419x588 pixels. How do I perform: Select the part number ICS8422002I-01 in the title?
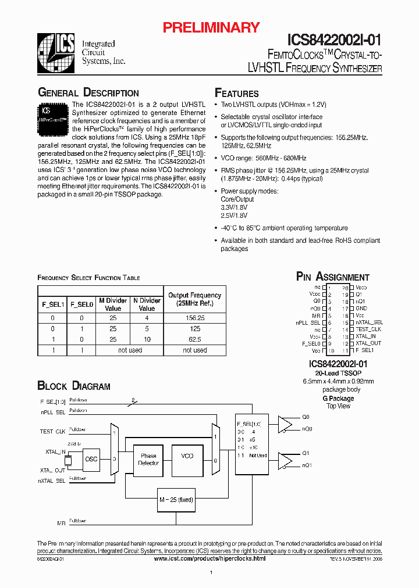click(x=334, y=40)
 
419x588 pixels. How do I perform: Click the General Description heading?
click(x=88, y=93)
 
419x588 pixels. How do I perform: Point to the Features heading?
click(x=237, y=94)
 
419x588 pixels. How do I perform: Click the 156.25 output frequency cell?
click(x=195, y=318)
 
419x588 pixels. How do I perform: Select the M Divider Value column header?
click(x=113, y=304)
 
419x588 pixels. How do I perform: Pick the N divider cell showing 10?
click(x=147, y=339)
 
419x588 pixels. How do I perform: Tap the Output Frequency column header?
click(x=195, y=299)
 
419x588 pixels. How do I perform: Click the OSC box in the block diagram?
click(x=91, y=459)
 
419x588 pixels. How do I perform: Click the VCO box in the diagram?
click(x=187, y=457)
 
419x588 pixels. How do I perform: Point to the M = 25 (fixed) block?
click(x=176, y=499)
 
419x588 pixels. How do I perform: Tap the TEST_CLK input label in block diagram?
click(x=52, y=432)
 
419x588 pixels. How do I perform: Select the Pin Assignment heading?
click(x=333, y=277)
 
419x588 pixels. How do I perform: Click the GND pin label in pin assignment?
click(x=361, y=308)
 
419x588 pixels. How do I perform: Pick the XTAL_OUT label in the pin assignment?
click(x=368, y=343)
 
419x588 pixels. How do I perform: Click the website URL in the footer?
click(x=210, y=558)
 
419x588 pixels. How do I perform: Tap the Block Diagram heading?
click(x=74, y=386)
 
